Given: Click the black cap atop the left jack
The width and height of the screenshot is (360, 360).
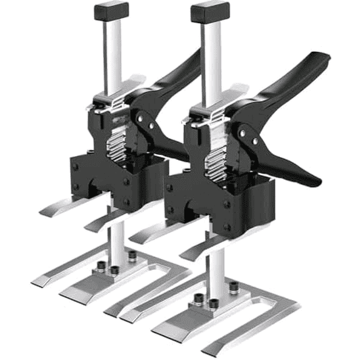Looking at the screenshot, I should (111, 10).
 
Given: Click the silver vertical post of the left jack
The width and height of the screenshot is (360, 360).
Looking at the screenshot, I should (113, 56).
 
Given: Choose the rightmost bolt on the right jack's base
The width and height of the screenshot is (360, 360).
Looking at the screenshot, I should (233, 286).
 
